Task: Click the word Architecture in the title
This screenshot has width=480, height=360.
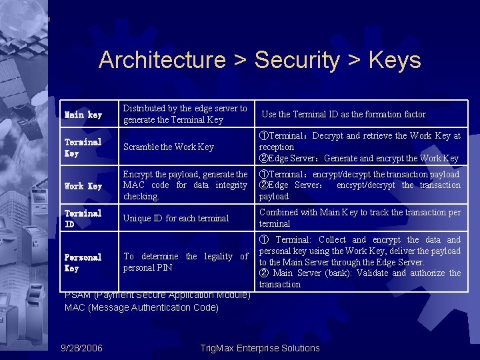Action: coord(162,60)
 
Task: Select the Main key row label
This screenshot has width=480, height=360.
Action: coord(83,115)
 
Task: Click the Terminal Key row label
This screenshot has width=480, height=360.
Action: coord(83,147)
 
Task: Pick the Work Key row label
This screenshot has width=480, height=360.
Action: coord(83,186)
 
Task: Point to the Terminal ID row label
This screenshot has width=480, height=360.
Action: coord(83,219)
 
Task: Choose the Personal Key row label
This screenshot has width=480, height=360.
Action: coord(83,263)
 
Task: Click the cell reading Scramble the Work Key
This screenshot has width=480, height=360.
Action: coord(169,147)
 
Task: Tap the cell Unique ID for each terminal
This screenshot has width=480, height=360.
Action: coord(176,219)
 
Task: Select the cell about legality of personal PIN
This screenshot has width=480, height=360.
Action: coord(185,262)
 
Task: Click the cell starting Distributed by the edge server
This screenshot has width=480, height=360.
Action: coord(185,114)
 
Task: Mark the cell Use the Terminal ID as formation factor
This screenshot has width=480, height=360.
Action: coord(343,115)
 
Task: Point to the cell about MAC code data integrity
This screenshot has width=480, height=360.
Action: coord(185,185)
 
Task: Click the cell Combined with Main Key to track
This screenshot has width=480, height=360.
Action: coord(359,218)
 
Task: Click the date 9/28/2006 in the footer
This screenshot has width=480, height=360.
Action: coord(81,348)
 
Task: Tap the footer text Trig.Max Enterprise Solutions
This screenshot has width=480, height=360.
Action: coord(260,348)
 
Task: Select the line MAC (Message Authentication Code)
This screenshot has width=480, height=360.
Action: coord(141,307)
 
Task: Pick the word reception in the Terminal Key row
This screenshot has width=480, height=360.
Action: coord(276,147)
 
